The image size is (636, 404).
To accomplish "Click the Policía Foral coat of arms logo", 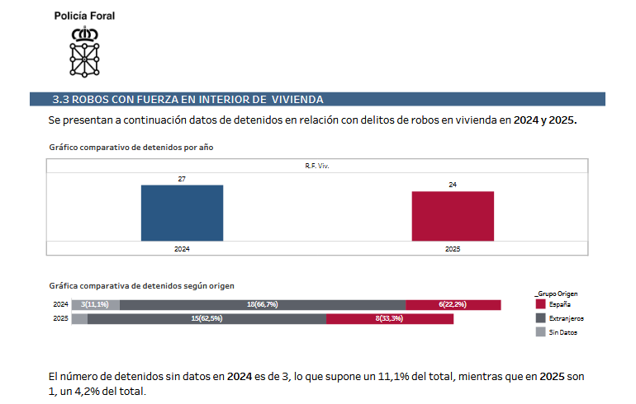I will (x=84, y=51).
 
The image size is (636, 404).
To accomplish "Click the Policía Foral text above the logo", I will (x=84, y=16).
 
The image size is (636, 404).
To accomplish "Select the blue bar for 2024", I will (x=182, y=213).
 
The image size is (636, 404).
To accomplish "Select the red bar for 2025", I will (x=453, y=216).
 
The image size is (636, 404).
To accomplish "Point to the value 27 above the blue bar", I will (x=182, y=178).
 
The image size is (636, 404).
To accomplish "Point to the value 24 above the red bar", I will (x=453, y=185).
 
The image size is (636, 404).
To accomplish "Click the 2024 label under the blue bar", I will (x=182, y=248).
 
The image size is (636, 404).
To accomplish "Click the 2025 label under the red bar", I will (x=453, y=248).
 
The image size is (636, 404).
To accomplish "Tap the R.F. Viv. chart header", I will (x=317, y=166).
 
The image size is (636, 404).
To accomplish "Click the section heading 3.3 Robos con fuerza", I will (x=188, y=99).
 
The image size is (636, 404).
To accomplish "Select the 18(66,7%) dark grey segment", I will (x=262, y=305).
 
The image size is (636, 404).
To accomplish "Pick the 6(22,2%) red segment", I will (x=453, y=305).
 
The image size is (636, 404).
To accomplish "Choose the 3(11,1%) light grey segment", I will (x=96, y=305).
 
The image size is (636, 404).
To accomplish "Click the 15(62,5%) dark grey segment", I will (x=206, y=318).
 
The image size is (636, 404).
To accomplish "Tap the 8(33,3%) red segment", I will (x=390, y=318).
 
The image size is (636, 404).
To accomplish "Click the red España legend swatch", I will (x=540, y=304).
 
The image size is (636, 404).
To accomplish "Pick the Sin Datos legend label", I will (x=563, y=331).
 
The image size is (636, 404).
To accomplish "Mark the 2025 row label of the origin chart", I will (x=60, y=318).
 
